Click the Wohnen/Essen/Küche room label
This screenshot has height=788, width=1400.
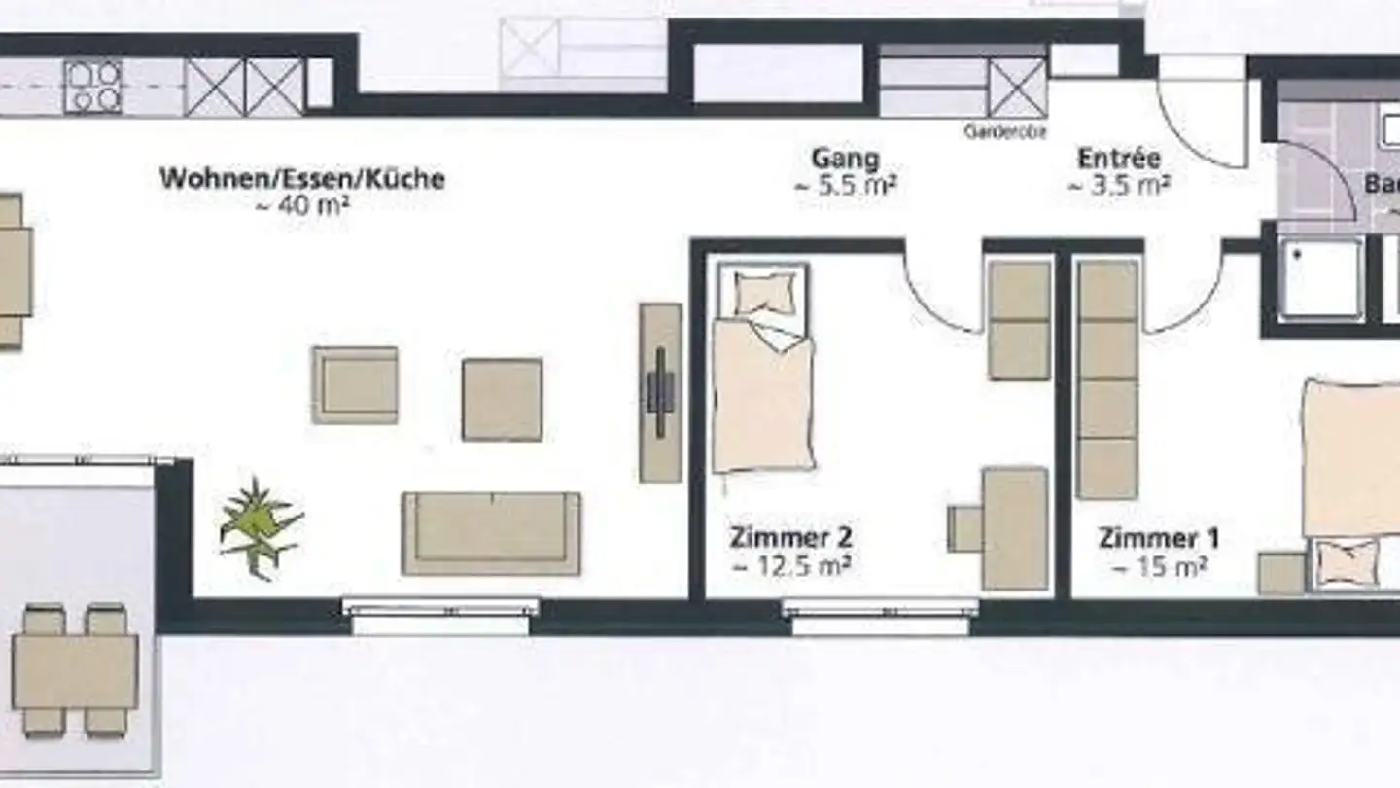(x=301, y=179)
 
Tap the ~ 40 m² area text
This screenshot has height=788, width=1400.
(x=301, y=205)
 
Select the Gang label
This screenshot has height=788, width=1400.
(x=845, y=159)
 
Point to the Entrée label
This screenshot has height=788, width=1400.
(x=1118, y=159)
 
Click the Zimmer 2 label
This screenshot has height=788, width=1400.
(x=790, y=537)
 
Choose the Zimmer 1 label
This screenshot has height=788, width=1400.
(x=1158, y=538)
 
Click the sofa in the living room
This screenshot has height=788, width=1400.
(x=492, y=532)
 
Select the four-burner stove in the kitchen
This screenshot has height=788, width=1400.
(x=93, y=87)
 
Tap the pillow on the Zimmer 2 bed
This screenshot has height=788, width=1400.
(x=764, y=291)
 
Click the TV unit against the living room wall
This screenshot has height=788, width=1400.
(x=661, y=392)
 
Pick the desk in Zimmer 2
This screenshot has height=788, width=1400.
(x=1013, y=528)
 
